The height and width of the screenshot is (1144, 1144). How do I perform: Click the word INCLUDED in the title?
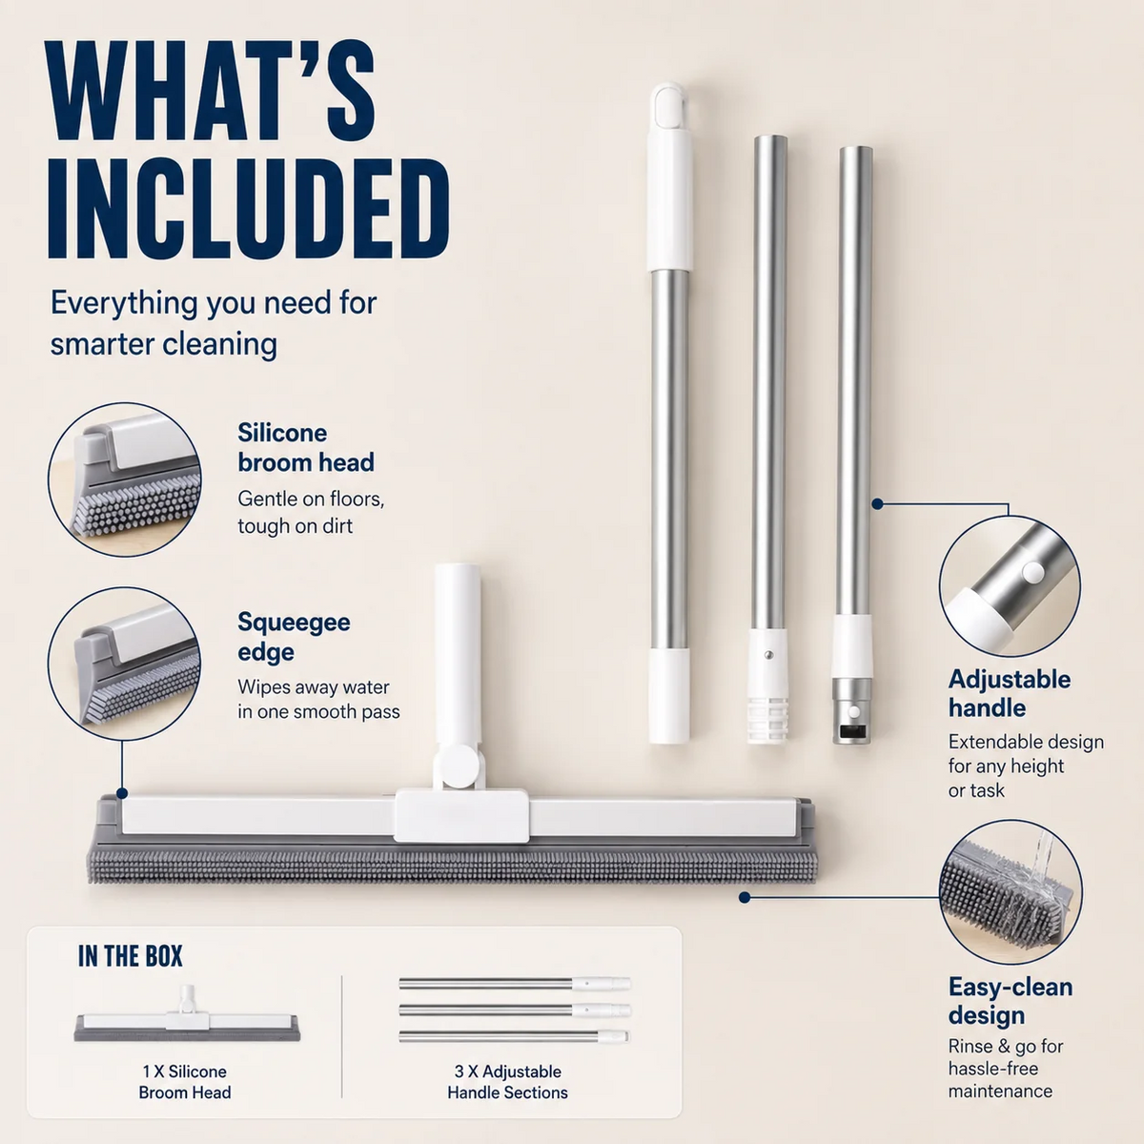pyautogui.click(x=248, y=209)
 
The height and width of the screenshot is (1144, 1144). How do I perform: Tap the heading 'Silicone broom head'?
pyautogui.click(x=306, y=448)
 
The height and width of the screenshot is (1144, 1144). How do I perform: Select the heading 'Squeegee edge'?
pyautogui.click(x=294, y=637)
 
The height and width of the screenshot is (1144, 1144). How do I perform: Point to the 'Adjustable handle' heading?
pyautogui.click(x=1010, y=693)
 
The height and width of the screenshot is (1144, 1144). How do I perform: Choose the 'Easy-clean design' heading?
pyautogui.click(x=1011, y=1001)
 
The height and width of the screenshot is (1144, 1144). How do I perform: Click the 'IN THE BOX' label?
pyautogui.click(x=130, y=956)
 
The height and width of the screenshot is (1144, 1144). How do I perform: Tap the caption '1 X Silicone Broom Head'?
pyautogui.click(x=185, y=1082)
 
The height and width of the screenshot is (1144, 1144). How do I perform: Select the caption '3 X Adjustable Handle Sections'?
pyautogui.click(x=507, y=1082)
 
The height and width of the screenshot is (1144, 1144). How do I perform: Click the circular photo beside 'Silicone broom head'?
pyautogui.click(x=124, y=480)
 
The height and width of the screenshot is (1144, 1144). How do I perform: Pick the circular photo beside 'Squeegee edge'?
pyautogui.click(x=124, y=664)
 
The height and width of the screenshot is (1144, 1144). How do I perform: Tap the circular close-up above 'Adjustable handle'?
pyautogui.click(x=1010, y=586)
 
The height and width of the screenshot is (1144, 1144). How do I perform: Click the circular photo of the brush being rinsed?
pyautogui.click(x=1011, y=892)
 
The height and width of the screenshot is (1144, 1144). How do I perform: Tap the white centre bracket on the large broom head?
pyautogui.click(x=461, y=816)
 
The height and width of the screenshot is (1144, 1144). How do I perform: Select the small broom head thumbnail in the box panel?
pyautogui.click(x=187, y=1020)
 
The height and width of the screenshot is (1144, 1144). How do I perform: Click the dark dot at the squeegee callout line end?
pyautogui.click(x=122, y=793)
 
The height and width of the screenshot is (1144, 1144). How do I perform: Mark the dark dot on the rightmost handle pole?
pyautogui.click(x=877, y=504)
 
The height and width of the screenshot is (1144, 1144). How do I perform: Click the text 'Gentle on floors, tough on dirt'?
pyautogui.click(x=311, y=512)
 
